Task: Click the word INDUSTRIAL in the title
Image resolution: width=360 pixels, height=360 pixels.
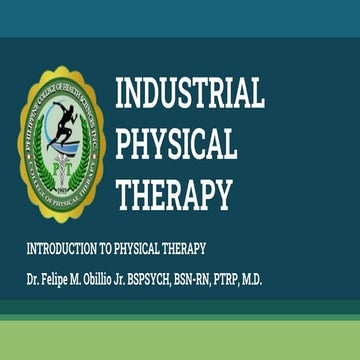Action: click(190, 94)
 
